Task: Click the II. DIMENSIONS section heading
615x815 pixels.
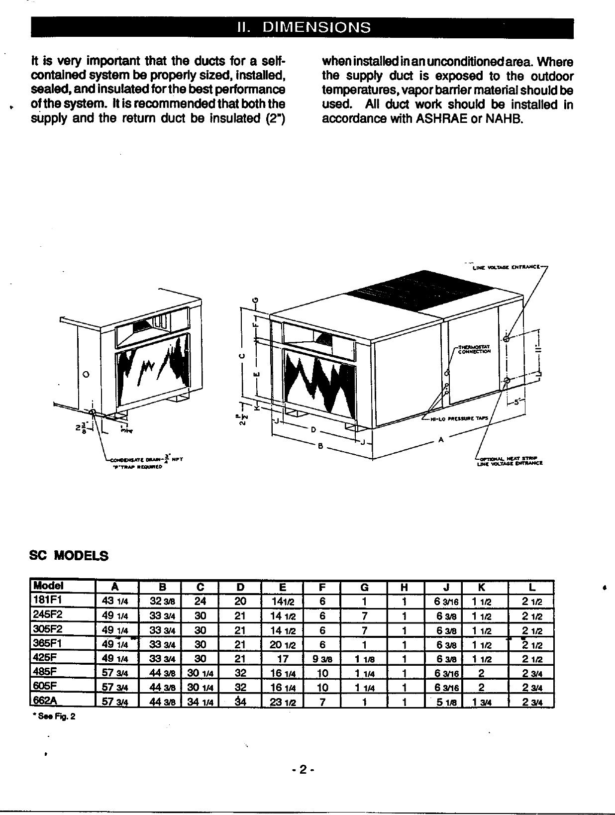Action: tap(303, 27)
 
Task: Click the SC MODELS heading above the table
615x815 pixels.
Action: tap(70, 556)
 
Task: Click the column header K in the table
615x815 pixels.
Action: tap(481, 587)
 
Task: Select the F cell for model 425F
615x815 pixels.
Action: tap(322, 659)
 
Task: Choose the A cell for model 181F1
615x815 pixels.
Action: tap(114, 601)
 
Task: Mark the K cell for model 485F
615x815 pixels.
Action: tap(481, 674)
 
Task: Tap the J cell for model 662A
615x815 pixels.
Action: tap(444, 702)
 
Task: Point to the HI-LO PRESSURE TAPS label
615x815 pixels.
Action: tap(459, 419)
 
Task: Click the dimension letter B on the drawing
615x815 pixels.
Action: tap(321, 446)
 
